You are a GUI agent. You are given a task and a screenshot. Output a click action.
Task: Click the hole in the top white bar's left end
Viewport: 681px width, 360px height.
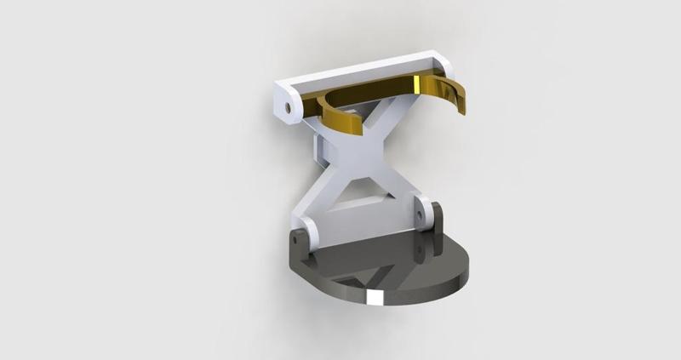pos(290,108)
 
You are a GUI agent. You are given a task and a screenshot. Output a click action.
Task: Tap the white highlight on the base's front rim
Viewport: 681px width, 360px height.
pos(372,297)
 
